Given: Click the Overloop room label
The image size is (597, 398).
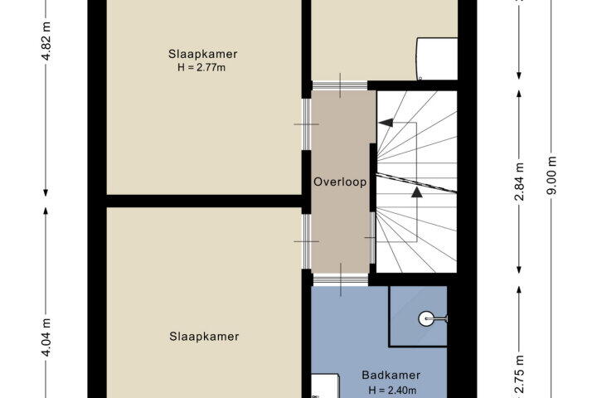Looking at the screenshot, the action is (x=340, y=182).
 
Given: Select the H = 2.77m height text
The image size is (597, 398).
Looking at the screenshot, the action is (x=201, y=68).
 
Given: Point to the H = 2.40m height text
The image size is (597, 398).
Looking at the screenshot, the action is (x=392, y=391).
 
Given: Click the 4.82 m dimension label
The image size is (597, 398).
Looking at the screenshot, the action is (x=46, y=41).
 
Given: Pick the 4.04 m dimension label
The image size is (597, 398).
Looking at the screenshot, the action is (x=46, y=337).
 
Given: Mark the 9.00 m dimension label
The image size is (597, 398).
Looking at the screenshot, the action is (x=551, y=175).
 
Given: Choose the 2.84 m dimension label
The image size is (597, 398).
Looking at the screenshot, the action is (x=520, y=182).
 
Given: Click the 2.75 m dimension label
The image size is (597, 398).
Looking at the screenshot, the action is (x=520, y=374).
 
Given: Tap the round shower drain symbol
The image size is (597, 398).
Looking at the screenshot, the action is (x=425, y=318).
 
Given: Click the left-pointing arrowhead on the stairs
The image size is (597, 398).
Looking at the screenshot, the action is (x=386, y=123).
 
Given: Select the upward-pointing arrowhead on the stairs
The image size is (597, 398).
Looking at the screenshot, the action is (x=417, y=192).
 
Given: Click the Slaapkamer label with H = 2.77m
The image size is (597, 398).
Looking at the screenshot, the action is (x=203, y=54).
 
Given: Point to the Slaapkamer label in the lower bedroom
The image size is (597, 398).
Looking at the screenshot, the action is (x=204, y=337).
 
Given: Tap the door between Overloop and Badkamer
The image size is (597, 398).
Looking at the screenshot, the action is (x=341, y=280).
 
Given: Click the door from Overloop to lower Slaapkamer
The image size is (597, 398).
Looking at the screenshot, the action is (x=307, y=241).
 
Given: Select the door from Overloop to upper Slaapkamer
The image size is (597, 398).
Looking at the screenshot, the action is (x=307, y=124).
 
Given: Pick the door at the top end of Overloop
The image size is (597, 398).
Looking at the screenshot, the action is (x=340, y=85).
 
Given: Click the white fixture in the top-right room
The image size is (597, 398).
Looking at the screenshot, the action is (x=437, y=59).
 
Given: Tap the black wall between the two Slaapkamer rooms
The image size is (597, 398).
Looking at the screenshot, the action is (x=204, y=201).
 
